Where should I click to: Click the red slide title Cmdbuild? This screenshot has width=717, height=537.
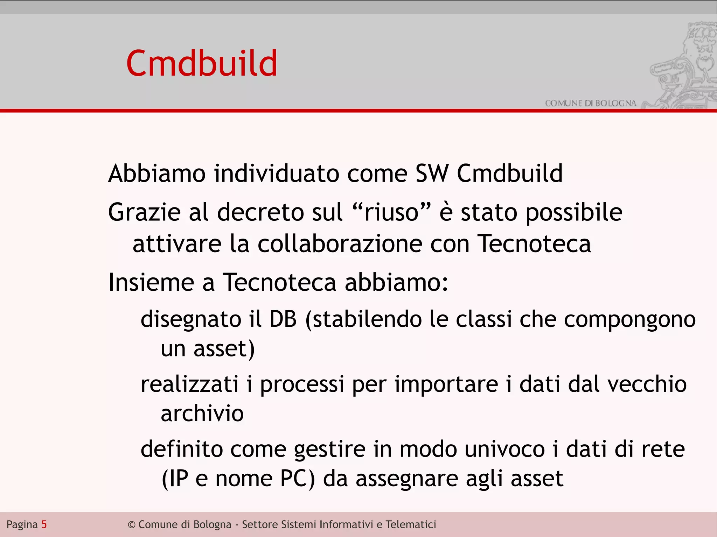pos(202,63)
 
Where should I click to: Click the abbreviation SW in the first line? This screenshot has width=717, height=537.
pos(432,174)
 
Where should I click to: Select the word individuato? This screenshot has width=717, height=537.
pos(276,174)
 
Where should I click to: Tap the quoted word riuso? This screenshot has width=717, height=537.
pos(391,212)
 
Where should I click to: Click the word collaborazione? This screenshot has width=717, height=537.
pos(340,244)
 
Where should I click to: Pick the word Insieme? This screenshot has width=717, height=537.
pos(151,282)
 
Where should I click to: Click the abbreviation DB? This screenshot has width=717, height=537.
pos(283,319)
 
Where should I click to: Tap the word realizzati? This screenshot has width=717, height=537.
pos(189,384)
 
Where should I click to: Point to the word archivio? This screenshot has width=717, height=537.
pos(202,414)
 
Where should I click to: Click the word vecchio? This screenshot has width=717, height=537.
pos(647,384)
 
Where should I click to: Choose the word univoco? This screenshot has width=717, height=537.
pos(504,449)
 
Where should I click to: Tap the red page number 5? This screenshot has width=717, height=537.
pos(44,524)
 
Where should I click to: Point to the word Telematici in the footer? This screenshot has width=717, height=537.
pos(411,524)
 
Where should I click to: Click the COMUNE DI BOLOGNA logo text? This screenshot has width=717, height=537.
pos(590,103)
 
